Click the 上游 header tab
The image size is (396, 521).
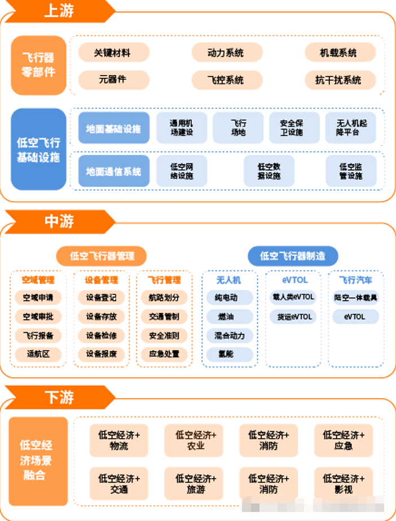coord(59,11)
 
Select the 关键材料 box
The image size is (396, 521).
coord(113,53)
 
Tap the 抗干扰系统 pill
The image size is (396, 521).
coord(338,80)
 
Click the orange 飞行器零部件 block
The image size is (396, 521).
coord(38,65)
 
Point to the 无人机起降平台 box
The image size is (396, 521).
coord(351,128)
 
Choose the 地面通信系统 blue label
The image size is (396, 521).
coord(114,171)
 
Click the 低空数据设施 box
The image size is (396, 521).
coord(269,171)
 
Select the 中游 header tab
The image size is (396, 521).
coord(59,221)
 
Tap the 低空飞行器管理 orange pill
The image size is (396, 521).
coord(102,256)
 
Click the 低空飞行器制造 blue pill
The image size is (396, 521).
coord(293,256)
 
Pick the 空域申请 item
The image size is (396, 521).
coord(38,298)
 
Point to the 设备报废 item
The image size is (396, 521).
coord(102,355)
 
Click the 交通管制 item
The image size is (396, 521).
coord(164,317)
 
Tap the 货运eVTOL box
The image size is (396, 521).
coord(293,317)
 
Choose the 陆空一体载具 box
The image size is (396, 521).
coord(355,298)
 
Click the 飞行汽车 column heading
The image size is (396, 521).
coord(355,280)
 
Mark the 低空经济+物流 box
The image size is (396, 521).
coord(119,440)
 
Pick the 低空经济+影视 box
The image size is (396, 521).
coord(344,484)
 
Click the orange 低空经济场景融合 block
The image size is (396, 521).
coord(38,461)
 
